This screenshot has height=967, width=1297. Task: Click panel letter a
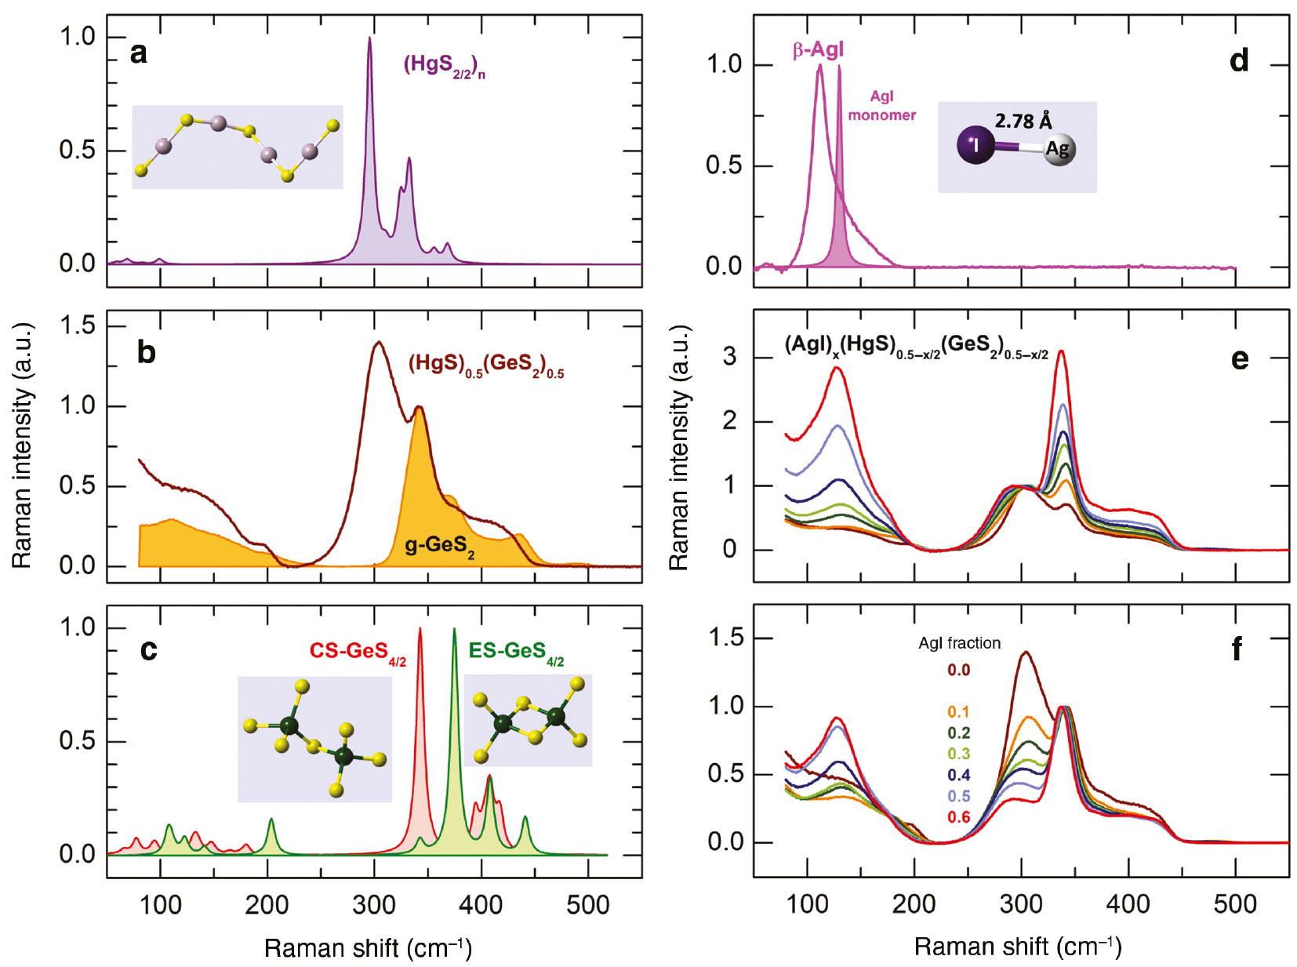[x=139, y=53]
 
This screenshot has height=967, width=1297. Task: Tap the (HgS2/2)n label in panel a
[x=444, y=66]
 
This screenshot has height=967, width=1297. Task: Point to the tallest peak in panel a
[x=370, y=39]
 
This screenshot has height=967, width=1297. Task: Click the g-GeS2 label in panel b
[x=439, y=545]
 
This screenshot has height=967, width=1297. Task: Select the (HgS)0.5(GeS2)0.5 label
[x=485, y=365]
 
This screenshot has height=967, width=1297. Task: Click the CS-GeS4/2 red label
[x=358, y=652]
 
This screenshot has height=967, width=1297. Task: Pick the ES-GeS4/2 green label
[x=516, y=652]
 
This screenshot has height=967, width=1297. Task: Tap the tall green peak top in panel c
[x=454, y=631]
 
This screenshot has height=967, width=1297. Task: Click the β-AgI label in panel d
[x=818, y=50]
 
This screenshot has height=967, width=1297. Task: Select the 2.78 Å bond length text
[x=1023, y=121]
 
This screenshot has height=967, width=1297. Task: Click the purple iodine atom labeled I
[x=975, y=145]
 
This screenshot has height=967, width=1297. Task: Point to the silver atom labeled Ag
[x=1058, y=149]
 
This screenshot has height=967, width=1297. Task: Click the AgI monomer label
[x=881, y=106]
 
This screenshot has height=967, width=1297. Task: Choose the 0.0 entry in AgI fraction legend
[x=958, y=670]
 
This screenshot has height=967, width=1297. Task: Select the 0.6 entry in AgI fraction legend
[x=958, y=817]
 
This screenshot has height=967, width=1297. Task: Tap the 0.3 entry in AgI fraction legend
[x=958, y=754]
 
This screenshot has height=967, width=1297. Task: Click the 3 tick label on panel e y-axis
[x=730, y=357]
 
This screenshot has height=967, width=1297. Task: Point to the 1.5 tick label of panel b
[x=77, y=325]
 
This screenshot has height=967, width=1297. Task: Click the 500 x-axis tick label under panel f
[x=1235, y=904]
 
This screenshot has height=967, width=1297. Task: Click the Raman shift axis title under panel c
[x=368, y=948]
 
